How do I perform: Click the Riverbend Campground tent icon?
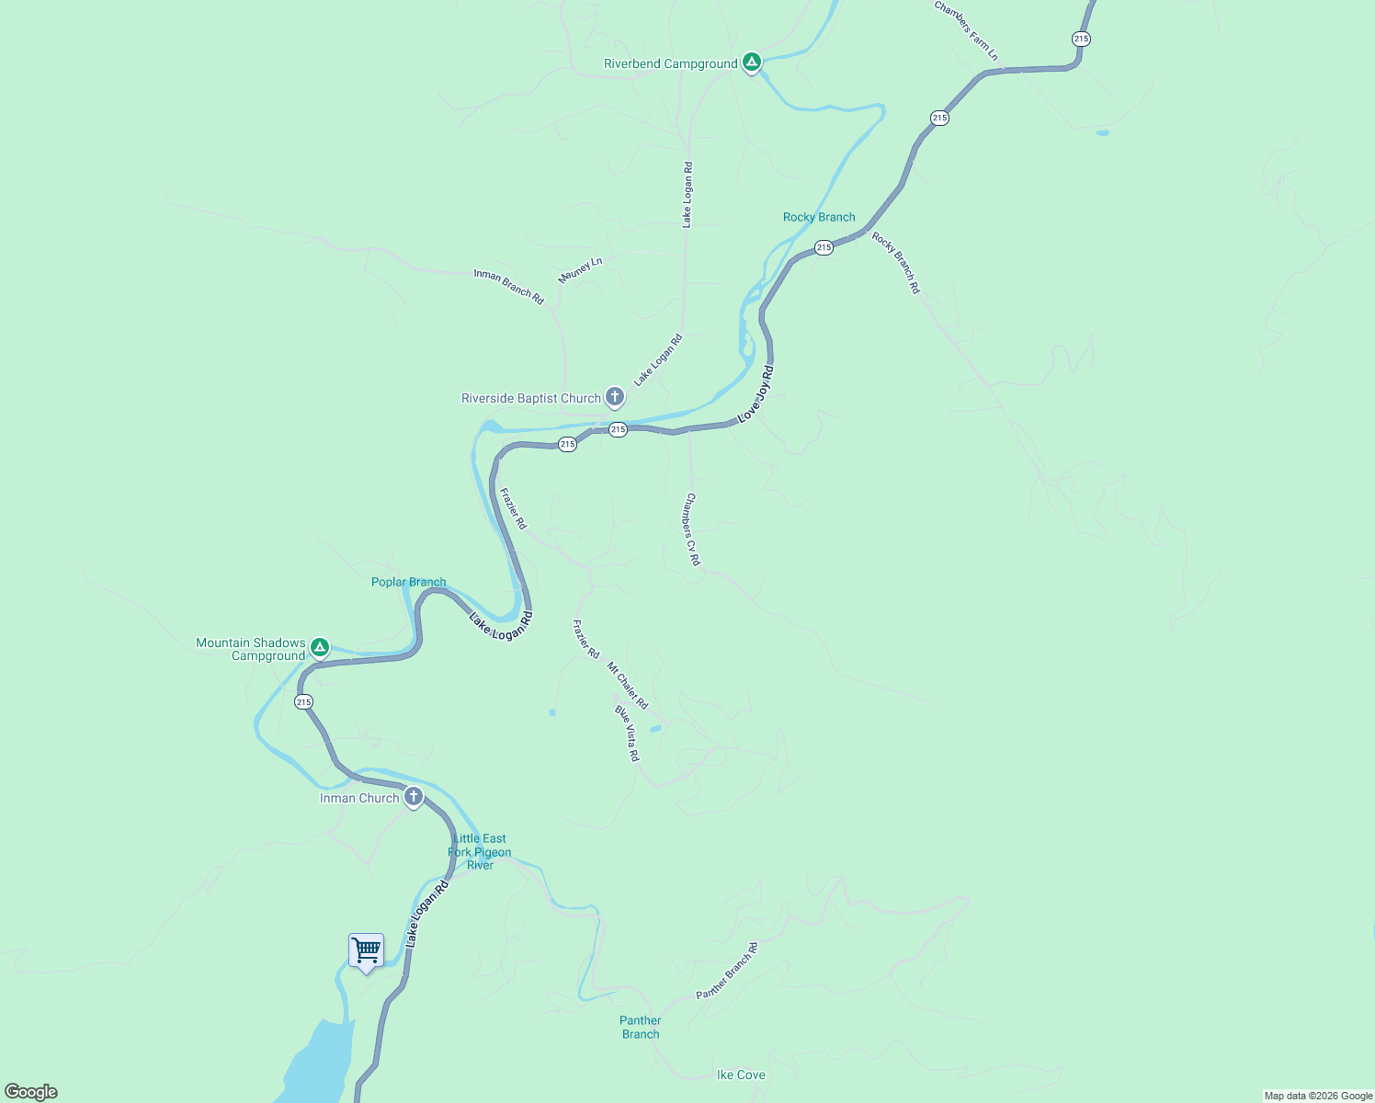752,62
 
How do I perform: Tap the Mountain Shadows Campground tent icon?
320,647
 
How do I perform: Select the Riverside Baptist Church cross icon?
615,397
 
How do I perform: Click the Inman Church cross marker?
414,796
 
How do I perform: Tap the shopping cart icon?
366,950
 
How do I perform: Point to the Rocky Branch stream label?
819,217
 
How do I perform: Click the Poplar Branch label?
408,582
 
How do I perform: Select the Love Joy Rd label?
756,394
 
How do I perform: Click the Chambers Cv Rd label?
692,529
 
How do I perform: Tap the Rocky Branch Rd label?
896,263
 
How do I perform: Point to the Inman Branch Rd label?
508,287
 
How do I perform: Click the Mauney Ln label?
580,270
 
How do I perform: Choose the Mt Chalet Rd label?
628,686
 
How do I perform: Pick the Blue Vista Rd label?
628,733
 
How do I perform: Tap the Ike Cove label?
741,1075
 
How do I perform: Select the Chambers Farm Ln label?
966,31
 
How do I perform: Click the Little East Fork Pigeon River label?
480,851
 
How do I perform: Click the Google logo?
31,1092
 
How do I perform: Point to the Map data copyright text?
1318,1096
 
